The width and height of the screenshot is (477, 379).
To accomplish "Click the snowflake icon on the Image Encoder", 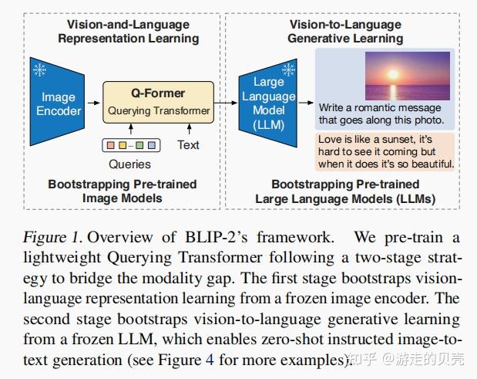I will [40, 70].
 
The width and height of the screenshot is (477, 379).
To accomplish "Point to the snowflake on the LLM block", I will [289, 70].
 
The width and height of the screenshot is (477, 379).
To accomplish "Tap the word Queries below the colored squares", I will [129, 164].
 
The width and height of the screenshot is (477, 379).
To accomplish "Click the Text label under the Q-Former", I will [188, 144].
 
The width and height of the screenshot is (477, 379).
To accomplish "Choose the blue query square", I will [152, 144].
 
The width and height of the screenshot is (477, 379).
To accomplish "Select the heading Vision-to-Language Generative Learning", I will [344, 31].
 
